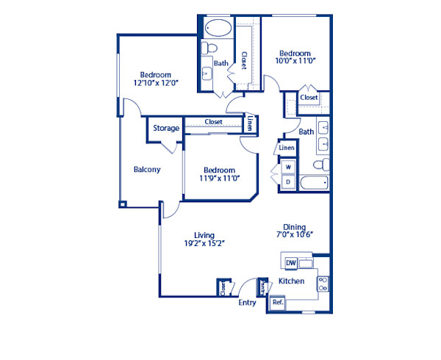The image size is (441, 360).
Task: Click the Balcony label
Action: coord(147,170)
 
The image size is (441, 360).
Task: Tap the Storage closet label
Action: coord(166,129)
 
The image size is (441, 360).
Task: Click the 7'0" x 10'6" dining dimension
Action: coord(294,237)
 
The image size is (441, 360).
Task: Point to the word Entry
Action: coord(247,302)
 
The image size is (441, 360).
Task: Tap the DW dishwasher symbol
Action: coord(290,262)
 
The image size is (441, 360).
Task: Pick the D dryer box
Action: coord(288,181)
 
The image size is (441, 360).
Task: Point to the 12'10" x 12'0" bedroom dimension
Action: coord(156,84)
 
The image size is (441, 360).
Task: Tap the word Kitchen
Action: coord(291,282)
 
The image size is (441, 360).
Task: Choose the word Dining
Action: coord(294,228)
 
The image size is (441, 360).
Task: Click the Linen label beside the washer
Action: coord(287,148)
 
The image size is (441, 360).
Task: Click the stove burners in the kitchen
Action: coord(323,282)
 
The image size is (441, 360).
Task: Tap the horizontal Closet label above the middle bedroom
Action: coord(213,122)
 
